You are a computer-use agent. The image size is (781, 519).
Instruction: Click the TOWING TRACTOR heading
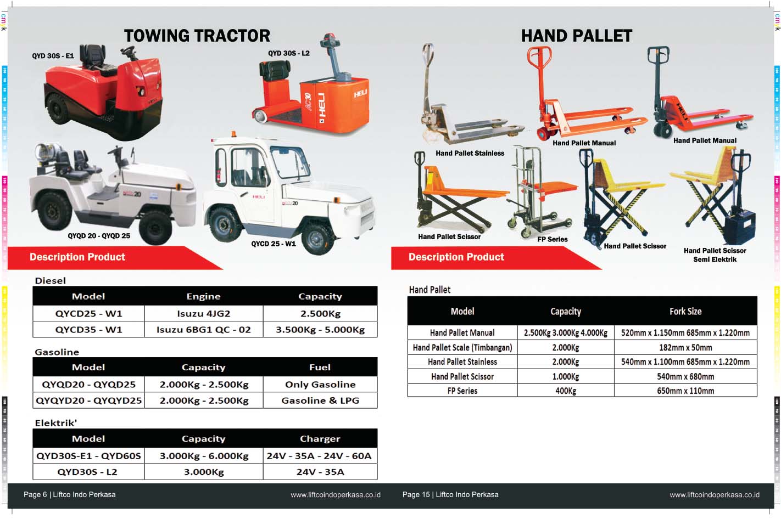(x=197, y=36)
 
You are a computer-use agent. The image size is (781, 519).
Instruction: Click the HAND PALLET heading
(x=576, y=36)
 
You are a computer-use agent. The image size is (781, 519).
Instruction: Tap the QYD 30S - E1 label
(x=53, y=55)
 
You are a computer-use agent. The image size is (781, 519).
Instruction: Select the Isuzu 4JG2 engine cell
(x=203, y=314)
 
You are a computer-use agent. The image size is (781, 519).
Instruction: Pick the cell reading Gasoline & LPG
(x=320, y=400)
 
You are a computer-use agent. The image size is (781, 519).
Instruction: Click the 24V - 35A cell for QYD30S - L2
(x=320, y=472)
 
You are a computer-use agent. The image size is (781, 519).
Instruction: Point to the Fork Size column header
(x=685, y=311)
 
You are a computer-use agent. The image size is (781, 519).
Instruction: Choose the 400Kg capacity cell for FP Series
(x=565, y=391)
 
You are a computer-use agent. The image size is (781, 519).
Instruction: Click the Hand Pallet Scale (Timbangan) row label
(x=462, y=347)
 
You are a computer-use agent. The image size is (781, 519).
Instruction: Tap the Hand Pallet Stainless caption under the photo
(x=470, y=153)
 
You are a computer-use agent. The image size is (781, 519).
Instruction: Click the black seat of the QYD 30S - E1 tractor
(x=92, y=55)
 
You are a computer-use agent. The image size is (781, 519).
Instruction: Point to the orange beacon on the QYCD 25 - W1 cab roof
(x=233, y=134)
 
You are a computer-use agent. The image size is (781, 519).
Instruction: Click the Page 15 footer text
(x=450, y=494)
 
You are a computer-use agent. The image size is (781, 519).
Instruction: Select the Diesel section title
(x=50, y=280)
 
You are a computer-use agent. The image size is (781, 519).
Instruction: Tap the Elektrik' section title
(x=55, y=423)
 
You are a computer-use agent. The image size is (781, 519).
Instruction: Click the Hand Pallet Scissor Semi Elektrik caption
(x=715, y=255)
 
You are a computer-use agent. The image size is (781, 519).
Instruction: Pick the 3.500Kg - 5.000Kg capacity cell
(x=320, y=330)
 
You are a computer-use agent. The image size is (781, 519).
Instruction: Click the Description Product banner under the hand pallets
(x=456, y=257)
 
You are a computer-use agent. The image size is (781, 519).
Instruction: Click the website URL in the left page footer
(x=335, y=495)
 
